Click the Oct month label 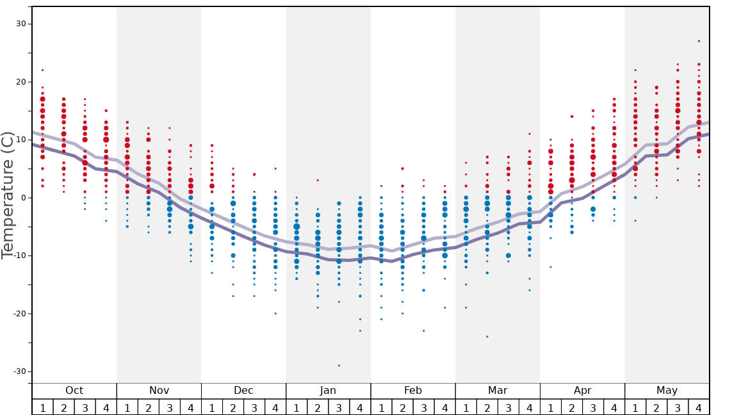tap(74, 391)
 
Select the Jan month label tap(328, 391)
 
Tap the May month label tap(667, 391)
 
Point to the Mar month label tap(498, 391)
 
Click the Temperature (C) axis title tap(8, 195)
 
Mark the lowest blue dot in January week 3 tap(339, 366)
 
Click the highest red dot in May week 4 tap(699, 41)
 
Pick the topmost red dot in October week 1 tap(42, 70)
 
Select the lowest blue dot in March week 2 tap(487, 336)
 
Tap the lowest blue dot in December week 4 tap(275, 313)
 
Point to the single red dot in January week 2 tap(318, 180)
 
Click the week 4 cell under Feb tap(444, 407)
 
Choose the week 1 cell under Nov tap(127, 407)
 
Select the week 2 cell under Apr tap(571, 407)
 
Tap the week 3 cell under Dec tap(254, 407)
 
